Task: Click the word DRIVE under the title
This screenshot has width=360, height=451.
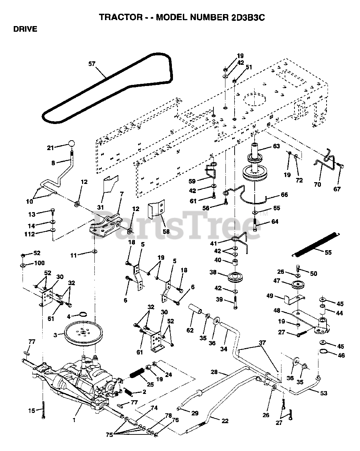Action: tap(25, 29)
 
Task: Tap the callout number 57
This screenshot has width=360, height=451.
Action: tap(92, 64)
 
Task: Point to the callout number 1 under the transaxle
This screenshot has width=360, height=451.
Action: tap(74, 420)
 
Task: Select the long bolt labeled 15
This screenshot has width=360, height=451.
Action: tap(43, 410)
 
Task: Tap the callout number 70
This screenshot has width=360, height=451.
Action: tap(317, 184)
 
